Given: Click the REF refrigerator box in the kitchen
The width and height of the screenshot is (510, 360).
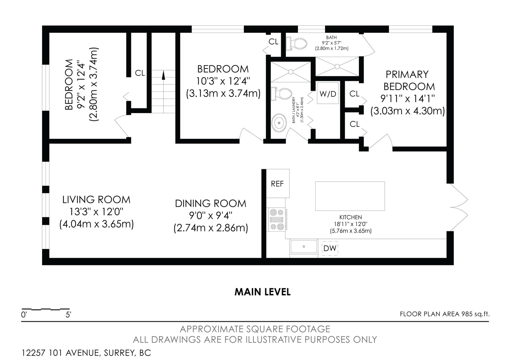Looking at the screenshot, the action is click(278, 184).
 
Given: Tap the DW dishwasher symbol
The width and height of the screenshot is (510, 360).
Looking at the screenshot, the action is click(330, 248).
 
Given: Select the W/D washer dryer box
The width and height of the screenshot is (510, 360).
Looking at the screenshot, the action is click(328, 93).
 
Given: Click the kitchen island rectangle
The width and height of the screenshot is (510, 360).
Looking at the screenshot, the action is click(350, 196).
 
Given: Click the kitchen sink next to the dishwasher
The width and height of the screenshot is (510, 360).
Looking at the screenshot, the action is click(304, 247).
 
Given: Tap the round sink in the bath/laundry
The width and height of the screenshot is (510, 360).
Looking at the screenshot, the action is click(279, 123).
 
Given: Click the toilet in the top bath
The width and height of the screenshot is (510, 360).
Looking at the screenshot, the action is click(297, 43).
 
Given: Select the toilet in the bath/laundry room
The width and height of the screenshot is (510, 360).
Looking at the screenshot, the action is click(281, 94).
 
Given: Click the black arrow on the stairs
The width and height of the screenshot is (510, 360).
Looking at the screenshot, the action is click(163, 75).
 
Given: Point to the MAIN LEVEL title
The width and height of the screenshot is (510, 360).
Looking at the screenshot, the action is click(263, 292).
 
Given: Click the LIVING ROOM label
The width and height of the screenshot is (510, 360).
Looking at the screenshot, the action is click(96, 199).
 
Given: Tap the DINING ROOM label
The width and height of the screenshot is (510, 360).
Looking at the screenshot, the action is click(211, 204).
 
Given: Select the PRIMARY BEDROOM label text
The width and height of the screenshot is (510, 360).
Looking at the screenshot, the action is click(409, 80).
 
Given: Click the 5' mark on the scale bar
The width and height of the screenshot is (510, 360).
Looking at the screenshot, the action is click(68, 315).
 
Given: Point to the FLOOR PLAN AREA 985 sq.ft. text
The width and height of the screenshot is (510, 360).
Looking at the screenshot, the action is click(445, 314).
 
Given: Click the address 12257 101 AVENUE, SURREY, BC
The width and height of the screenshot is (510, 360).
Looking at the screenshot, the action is click(86, 353).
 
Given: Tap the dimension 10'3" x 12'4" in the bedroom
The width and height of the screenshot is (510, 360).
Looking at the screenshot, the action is click(223, 81).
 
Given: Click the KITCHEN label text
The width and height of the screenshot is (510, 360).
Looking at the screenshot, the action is click(351, 217).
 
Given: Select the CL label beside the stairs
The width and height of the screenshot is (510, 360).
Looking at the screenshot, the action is click(140, 73).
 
